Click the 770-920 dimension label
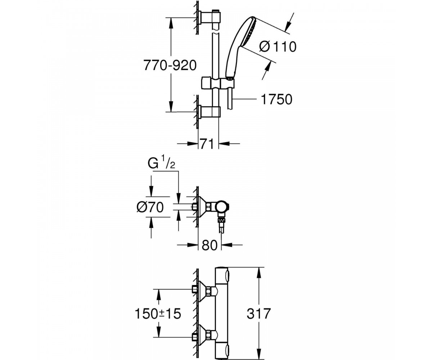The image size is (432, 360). [x=170, y=66]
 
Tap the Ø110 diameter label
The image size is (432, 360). [x=278, y=46]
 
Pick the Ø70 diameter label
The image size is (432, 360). [x=150, y=207]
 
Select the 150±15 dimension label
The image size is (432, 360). [x=158, y=313]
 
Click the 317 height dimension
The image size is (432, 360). [x=258, y=313]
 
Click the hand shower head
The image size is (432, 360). [x=241, y=46]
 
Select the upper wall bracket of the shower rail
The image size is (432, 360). [x=209, y=18]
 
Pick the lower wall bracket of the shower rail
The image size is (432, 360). [x=209, y=112]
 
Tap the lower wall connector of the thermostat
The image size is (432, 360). [x=205, y=329]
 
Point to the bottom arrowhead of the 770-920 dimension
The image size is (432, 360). [x=171, y=106]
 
